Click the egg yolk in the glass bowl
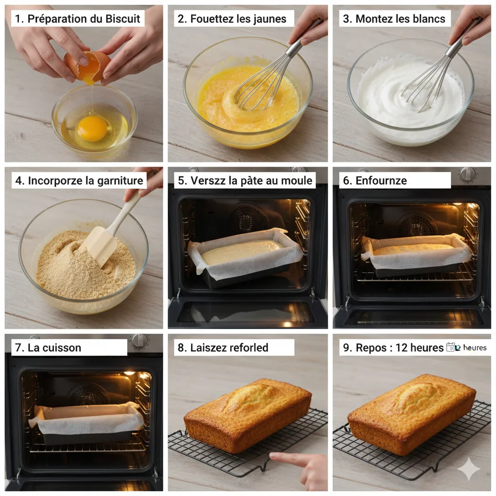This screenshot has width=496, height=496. click(92, 128)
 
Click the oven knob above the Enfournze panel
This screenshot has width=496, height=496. click(467, 174)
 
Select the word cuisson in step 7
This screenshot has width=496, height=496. click(62, 347)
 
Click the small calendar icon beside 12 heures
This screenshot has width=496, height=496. click(450, 347)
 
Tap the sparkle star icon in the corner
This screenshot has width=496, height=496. click(468, 468)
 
